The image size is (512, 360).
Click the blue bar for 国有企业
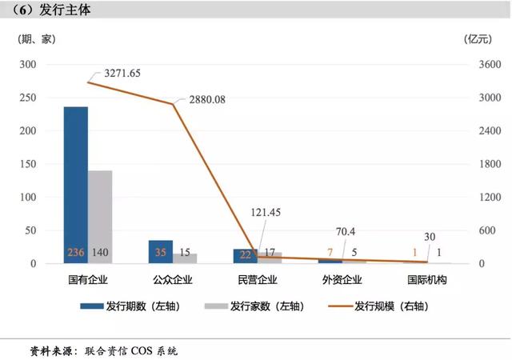click(x=76, y=184)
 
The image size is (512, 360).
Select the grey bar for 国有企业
click(x=100, y=216)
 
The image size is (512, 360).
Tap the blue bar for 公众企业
click(x=161, y=251)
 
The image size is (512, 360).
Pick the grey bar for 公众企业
click(x=185, y=258)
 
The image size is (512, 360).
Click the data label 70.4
click(x=345, y=232)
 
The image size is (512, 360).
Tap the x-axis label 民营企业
click(x=258, y=280)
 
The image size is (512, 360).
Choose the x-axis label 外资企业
click(x=342, y=280)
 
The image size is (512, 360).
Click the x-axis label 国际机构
click(x=426, y=280)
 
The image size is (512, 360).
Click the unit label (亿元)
click(x=478, y=38)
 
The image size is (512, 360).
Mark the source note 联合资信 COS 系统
click(x=129, y=350)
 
